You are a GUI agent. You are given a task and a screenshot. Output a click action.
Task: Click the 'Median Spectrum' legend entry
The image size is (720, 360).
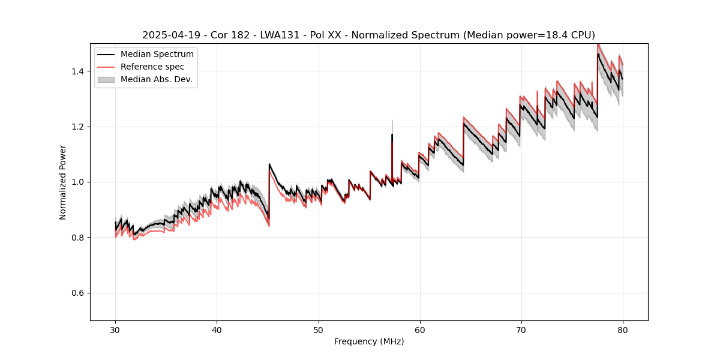157,55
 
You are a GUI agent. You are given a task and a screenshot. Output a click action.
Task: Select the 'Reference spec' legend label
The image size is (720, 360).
152,67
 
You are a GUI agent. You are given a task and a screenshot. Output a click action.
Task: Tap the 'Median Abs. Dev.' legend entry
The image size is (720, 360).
156,79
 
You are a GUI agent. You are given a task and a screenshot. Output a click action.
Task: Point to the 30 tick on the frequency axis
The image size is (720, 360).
115,330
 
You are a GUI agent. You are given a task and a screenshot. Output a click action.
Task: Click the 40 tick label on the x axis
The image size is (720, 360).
217,330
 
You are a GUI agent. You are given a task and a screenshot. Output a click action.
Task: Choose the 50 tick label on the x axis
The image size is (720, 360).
318,330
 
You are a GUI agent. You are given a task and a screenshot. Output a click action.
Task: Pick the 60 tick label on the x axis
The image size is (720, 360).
419,330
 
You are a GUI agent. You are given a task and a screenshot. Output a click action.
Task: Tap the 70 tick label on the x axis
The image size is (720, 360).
521,330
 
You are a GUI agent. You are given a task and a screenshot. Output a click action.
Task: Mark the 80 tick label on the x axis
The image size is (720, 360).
622,330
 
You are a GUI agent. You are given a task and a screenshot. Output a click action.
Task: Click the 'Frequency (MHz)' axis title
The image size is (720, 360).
369,342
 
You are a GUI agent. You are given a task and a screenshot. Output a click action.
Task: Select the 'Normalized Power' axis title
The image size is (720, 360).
63,182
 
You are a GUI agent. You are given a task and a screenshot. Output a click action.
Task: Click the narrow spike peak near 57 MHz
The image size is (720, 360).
392,121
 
